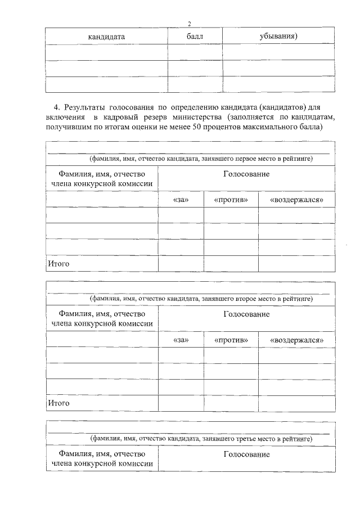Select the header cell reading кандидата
point(106,37)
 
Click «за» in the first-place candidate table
point(181,200)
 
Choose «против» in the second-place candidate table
point(231,340)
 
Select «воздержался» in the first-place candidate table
point(296,200)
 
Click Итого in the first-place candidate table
point(58,263)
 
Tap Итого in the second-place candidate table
point(58,403)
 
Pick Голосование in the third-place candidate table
point(246,454)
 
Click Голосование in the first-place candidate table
point(246,174)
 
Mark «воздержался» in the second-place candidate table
point(296,340)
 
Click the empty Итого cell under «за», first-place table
point(181,263)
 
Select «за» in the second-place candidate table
point(181,340)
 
